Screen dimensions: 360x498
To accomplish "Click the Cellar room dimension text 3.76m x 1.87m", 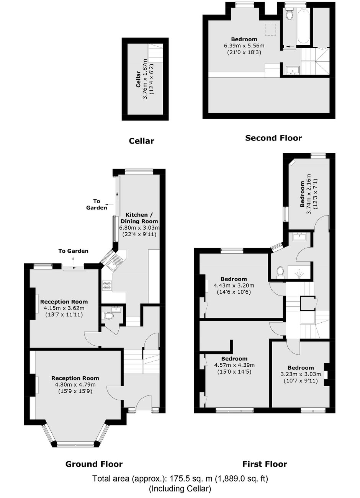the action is click(145, 79).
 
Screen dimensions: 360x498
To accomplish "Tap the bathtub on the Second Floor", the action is click(303, 26).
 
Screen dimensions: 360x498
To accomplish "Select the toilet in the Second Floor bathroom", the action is click(290, 14).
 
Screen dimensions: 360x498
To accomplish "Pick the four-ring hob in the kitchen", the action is click(107, 286).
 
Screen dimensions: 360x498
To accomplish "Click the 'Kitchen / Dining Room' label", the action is click(139, 218).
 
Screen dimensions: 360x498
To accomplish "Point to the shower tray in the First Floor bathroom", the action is click(299, 272).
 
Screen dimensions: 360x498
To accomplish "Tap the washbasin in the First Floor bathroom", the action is click(300, 237).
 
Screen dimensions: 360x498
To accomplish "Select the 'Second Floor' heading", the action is click(273, 138).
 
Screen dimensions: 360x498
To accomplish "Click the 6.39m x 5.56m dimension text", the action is click(244, 46).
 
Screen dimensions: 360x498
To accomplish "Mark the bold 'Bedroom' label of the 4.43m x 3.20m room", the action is click(234, 279).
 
